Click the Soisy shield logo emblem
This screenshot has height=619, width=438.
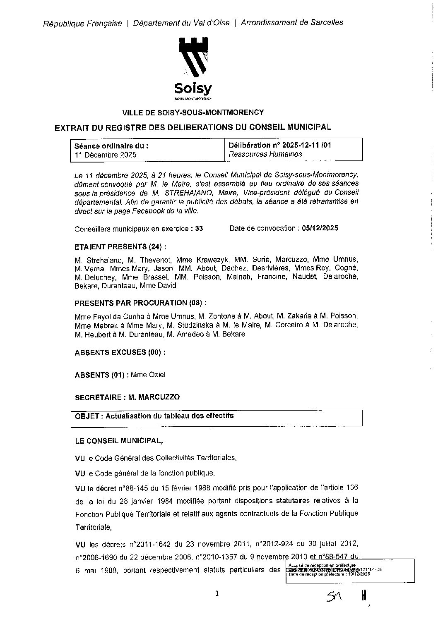193,58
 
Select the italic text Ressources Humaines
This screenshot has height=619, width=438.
265,154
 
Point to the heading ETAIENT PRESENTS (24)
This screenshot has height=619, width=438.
120,247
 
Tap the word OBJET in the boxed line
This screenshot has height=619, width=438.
87,416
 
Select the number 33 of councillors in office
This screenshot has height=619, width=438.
199,229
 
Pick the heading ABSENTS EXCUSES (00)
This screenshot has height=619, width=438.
120,353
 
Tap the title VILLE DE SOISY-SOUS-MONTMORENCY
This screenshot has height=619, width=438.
193,112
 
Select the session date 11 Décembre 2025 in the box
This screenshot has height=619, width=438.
105,155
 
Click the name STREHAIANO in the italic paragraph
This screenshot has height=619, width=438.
186,193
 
